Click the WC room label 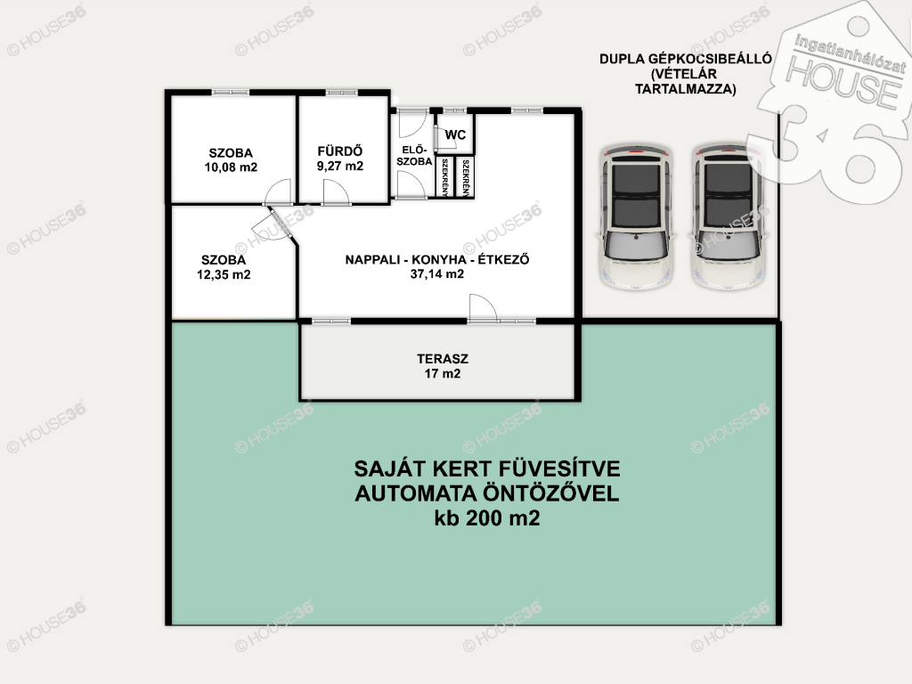click(x=455, y=135)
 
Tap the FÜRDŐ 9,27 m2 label click(x=340, y=159)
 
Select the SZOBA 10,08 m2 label click(x=231, y=160)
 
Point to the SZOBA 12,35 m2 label click(x=224, y=267)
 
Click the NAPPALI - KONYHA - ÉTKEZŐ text click(x=437, y=259)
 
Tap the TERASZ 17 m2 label click(x=443, y=366)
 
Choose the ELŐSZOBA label click(x=414, y=156)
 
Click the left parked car click(x=636, y=217)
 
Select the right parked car click(x=729, y=217)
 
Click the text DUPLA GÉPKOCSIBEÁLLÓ click(x=686, y=59)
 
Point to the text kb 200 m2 click(x=487, y=517)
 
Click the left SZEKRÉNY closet click(x=445, y=177)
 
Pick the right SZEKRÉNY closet click(x=465, y=177)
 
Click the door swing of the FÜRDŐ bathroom click(x=336, y=192)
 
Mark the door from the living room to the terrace click(x=482, y=307)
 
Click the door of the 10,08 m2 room click(x=278, y=192)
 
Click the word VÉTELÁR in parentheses click(x=684, y=74)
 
